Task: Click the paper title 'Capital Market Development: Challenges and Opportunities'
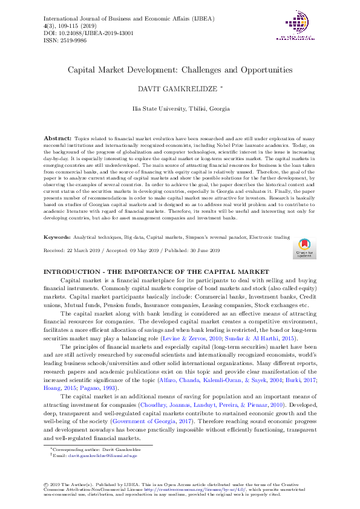pyautogui.click(x=180, y=70)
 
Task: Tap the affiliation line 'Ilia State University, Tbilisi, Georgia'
pyautogui.click(x=180, y=108)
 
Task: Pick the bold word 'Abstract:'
pyautogui.click(x=57, y=138)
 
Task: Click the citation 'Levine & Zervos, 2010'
pyautogui.click(x=215, y=340)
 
